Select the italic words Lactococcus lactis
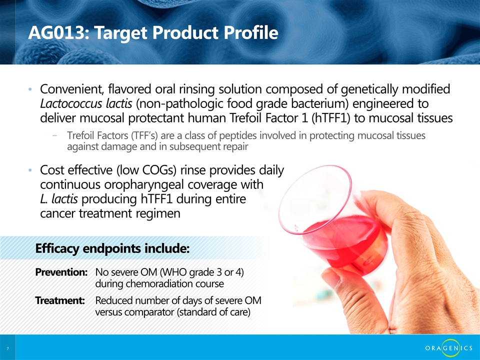point(86,104)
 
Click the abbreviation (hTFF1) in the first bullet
point(330,118)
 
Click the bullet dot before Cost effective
point(30,170)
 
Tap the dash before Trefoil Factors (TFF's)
point(55,135)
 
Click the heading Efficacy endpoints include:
point(112,248)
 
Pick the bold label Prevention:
point(61,272)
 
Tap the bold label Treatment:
point(60,300)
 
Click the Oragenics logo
point(449,348)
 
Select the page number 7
point(7,348)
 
